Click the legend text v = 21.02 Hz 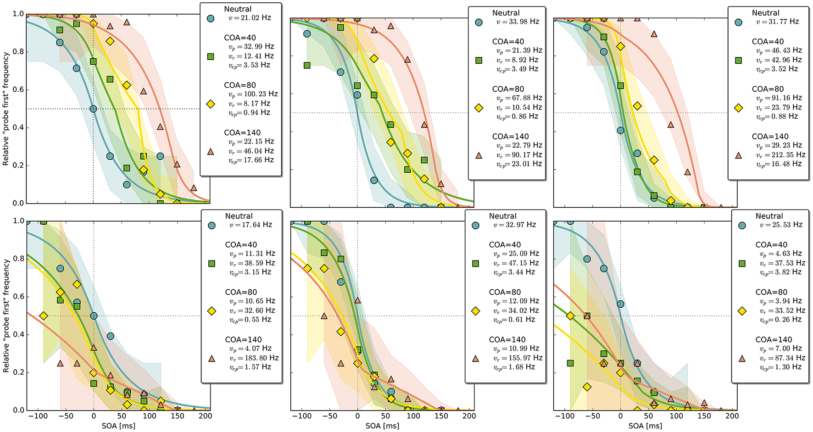tap(250, 18)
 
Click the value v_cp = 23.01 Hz tap(519, 164)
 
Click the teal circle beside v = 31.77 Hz tap(738, 22)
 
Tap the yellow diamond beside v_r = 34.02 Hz tap(476, 311)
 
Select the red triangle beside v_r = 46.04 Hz tap(211, 151)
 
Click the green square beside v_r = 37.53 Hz tap(742, 263)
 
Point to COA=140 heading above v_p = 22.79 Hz tap(510, 136)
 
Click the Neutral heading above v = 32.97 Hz tap(502, 216)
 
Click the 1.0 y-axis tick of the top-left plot tap(18, 14)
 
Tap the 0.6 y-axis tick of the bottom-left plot tap(18, 297)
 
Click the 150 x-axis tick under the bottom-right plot tap(704, 416)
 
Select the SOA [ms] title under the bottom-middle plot tap(382, 426)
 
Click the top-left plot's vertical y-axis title tap(6, 109)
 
